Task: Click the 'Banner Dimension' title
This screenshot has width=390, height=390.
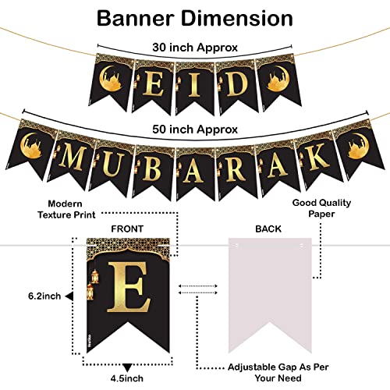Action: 195,18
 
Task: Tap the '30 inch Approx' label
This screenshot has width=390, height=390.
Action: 195,48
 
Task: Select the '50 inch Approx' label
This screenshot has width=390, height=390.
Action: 195,129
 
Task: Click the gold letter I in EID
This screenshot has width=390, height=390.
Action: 193,83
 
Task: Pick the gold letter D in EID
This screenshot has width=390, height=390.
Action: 236,83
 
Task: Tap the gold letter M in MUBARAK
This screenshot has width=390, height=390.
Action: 72,158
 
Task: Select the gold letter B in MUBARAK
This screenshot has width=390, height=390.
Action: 151,168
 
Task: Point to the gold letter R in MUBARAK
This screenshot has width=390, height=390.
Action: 236,168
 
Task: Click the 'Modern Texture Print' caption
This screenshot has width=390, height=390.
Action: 66,209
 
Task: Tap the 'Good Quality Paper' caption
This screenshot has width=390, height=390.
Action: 321,208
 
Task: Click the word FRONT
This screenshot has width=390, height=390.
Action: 127,229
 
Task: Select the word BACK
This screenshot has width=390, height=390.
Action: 268,229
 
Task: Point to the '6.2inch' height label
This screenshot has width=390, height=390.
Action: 44,296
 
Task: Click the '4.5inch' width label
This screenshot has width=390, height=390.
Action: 127,378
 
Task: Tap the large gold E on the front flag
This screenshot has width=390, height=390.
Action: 129,287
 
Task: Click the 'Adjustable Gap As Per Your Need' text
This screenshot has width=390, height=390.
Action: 278,372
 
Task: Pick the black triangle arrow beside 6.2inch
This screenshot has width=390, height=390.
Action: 69,296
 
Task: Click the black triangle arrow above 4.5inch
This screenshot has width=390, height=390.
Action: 127,367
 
